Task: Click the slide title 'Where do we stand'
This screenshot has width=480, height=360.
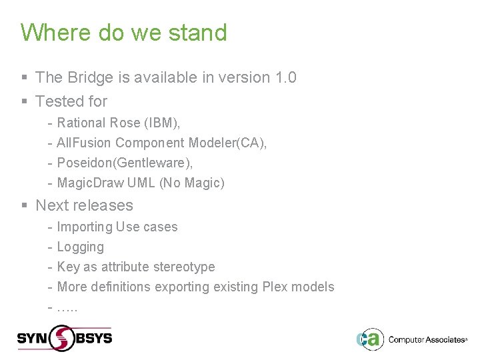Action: click(123, 33)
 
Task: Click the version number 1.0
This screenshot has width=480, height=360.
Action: click(285, 77)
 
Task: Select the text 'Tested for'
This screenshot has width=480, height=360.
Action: click(71, 101)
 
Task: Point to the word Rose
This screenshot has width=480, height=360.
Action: click(127, 123)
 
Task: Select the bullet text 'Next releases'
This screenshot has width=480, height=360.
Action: click(84, 205)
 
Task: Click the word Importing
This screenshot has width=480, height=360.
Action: click(85, 227)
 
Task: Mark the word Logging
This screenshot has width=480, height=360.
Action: click(81, 247)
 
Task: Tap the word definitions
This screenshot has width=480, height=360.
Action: click(120, 287)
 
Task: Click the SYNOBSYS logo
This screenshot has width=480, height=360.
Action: click(65, 338)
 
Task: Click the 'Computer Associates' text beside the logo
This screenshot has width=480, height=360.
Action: click(427, 340)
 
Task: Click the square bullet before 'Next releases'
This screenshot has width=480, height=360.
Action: click(24, 206)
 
